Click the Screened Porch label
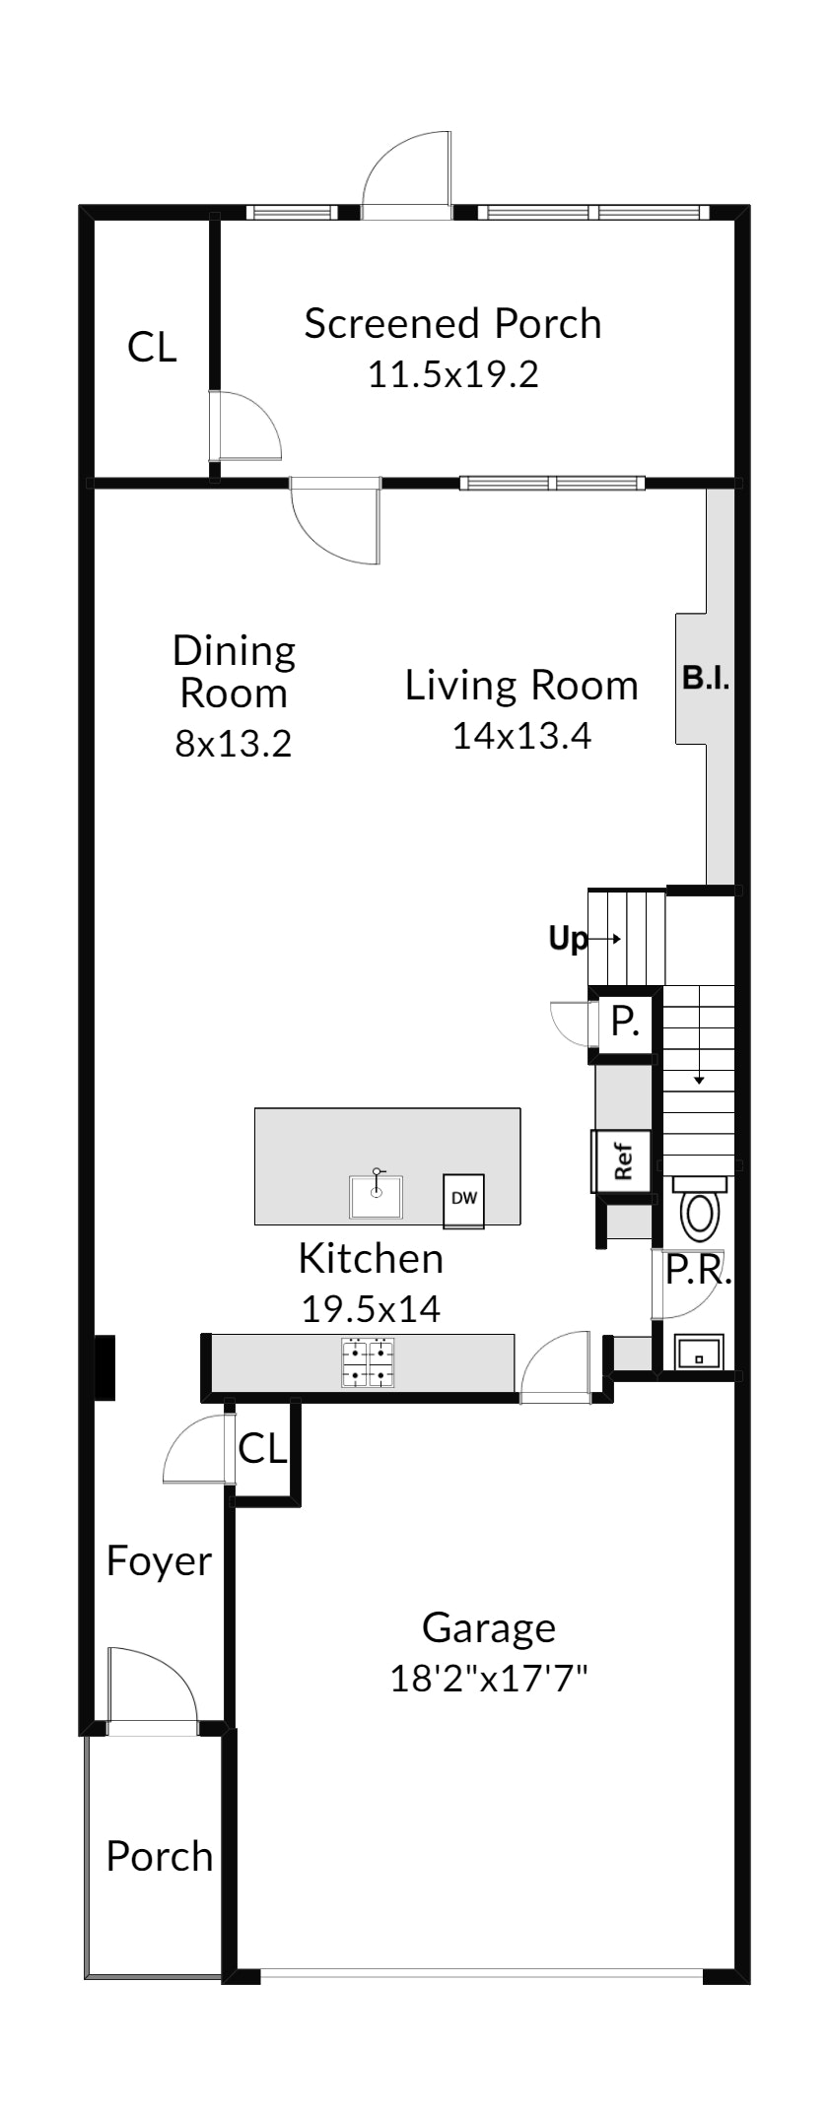click(452, 324)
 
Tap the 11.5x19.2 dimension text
click(453, 374)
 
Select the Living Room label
click(521, 685)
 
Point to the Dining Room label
click(234, 672)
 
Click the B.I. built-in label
click(706, 678)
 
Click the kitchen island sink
click(376, 1196)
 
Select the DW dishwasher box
click(463, 1200)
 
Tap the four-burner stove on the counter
click(367, 1363)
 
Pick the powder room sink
click(700, 1353)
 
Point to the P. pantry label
click(625, 1022)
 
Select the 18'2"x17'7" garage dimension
click(489, 1678)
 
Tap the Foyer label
click(159, 1561)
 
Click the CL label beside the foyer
click(262, 1448)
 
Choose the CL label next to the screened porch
click(152, 347)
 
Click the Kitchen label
click(371, 1258)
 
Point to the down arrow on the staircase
click(699, 1035)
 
